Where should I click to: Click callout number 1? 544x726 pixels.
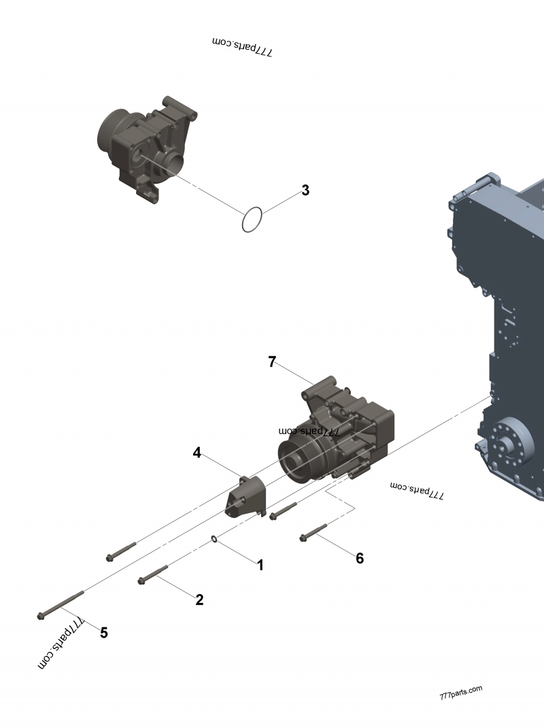(259, 565)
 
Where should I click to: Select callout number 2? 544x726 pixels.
(199, 599)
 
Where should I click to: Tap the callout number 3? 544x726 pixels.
(305, 191)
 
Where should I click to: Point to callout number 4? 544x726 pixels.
(197, 452)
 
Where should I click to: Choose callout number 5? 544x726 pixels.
(103, 633)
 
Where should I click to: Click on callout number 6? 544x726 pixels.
(360, 558)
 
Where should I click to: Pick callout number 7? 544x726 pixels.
(272, 362)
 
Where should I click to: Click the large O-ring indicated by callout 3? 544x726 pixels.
(252, 219)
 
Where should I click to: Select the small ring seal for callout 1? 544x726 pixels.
(215, 540)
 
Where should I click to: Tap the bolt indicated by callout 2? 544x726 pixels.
(153, 574)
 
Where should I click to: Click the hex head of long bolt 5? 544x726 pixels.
(41, 616)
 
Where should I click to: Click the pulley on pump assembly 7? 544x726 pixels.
(299, 461)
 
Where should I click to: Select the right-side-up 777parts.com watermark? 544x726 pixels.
(461, 693)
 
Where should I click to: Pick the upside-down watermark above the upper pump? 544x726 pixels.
(242, 46)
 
